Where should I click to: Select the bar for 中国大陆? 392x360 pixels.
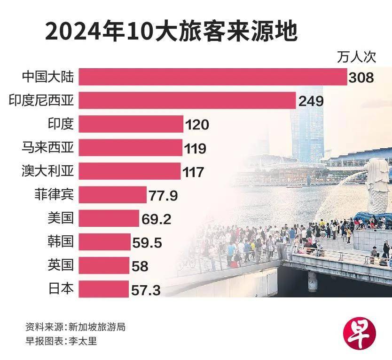212,77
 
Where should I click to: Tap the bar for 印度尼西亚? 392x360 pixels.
187,100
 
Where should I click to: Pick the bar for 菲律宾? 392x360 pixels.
113,194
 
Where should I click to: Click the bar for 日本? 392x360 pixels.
103,289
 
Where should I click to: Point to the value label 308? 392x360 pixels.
361,78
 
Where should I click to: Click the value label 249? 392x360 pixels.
311,101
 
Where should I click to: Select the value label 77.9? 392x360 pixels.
163,195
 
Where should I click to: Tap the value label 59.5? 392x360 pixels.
147,243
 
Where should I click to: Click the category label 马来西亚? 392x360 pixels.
48,147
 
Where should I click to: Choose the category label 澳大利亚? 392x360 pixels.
48,171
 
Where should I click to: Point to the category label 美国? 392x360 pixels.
61,218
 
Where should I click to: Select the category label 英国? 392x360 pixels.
61,265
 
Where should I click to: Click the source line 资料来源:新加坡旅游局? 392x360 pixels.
75,327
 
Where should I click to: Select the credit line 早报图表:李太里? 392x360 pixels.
62,341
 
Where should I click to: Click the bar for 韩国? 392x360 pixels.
104,242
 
